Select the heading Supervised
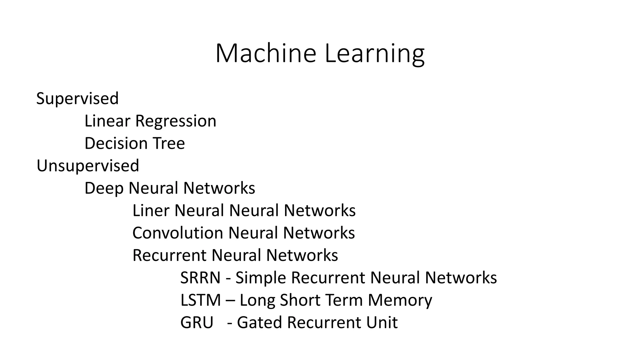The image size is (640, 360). click(77, 98)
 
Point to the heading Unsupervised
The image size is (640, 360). click(88, 166)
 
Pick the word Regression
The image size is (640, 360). click(176, 121)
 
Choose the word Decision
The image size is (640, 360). click(116, 143)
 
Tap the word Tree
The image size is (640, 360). click(169, 143)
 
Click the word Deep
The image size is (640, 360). click(104, 188)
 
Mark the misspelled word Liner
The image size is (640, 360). click(151, 210)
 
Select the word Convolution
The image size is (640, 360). click(177, 233)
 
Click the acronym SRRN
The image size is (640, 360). click(200, 277)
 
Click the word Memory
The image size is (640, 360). click(400, 300)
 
